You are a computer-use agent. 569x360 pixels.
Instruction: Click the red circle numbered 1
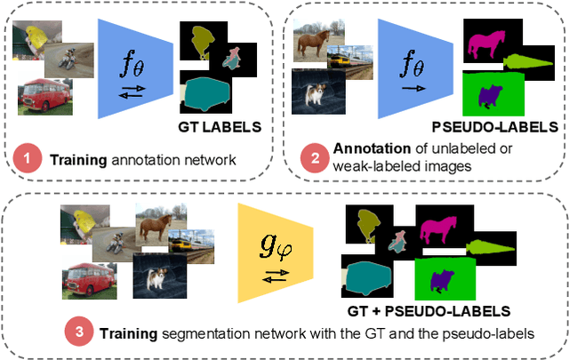[x=28, y=161]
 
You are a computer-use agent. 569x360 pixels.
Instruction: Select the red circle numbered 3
[x=78, y=334]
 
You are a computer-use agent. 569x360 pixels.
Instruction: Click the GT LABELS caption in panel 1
[x=220, y=126]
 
